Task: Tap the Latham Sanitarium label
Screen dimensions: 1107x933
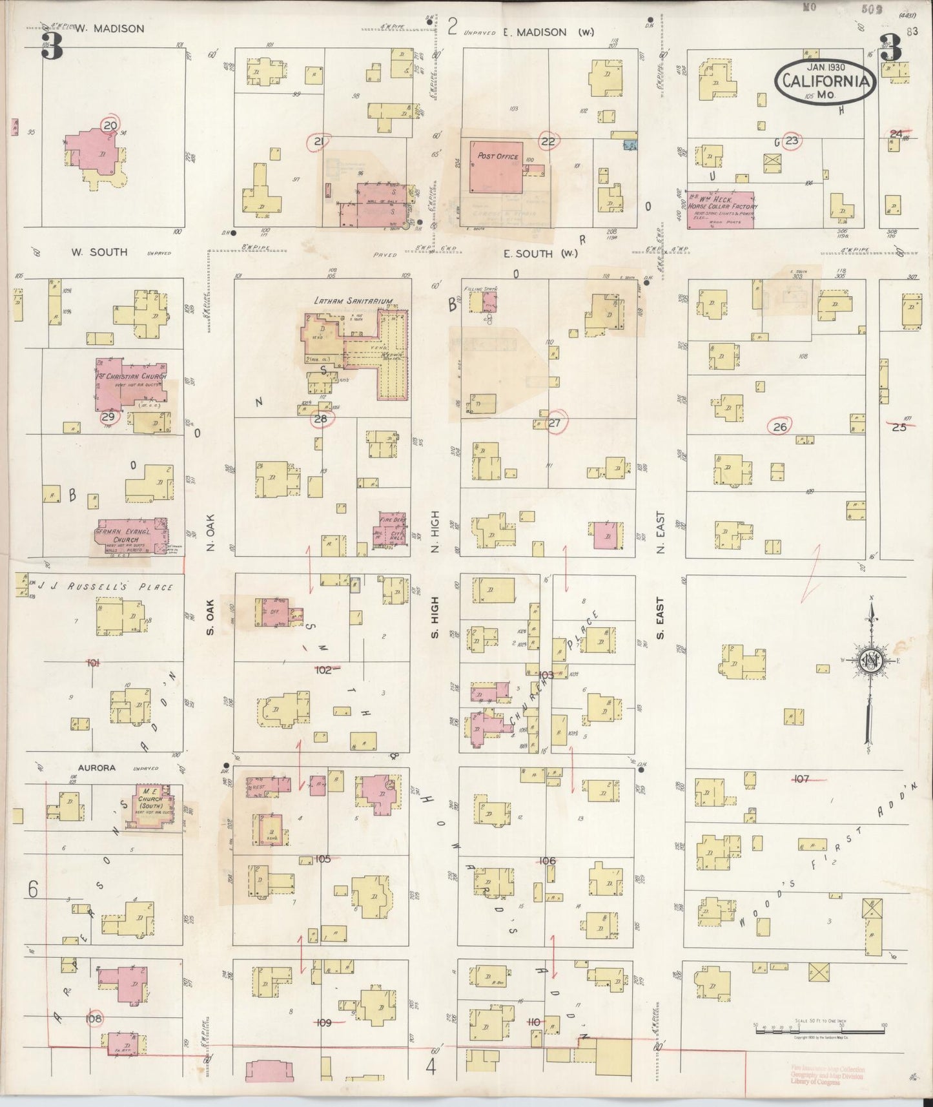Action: click(353, 301)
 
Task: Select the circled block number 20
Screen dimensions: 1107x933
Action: click(110, 125)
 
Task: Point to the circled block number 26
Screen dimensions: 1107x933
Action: click(780, 427)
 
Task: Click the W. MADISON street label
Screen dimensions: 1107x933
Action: click(109, 29)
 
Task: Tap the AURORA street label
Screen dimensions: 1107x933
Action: click(96, 768)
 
